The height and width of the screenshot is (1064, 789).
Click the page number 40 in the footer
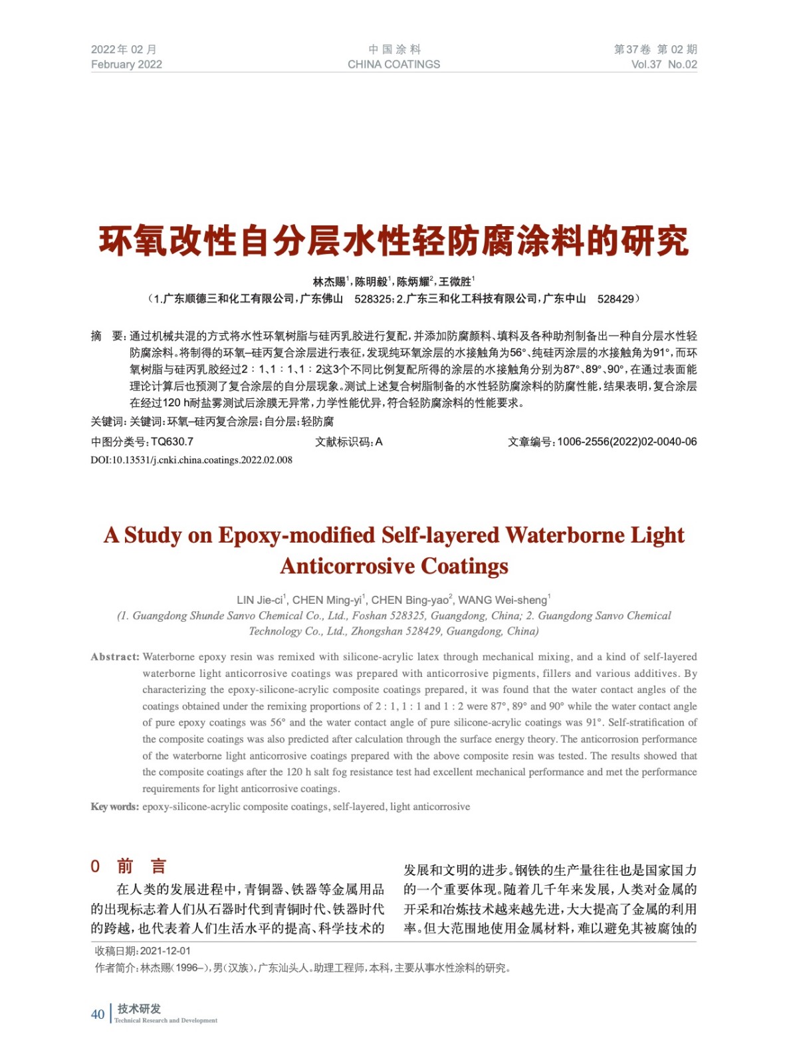click(98, 1014)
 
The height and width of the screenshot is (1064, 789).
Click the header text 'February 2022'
click(126, 65)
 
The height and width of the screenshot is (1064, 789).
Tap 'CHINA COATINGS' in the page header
click(394, 65)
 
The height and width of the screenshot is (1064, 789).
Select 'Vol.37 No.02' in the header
click(663, 65)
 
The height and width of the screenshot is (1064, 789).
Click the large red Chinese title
click(394, 241)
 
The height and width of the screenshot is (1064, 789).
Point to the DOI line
click(191, 460)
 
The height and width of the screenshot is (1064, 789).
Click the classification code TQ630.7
click(172, 442)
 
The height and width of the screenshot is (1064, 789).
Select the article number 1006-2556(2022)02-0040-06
click(627, 442)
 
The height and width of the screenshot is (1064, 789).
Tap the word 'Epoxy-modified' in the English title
click(296, 535)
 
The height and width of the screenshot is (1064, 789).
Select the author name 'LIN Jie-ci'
click(260, 600)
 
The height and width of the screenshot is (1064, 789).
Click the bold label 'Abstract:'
click(115, 657)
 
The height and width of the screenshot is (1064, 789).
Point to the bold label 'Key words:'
click(115, 807)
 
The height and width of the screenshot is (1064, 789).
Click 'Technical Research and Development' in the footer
click(166, 1020)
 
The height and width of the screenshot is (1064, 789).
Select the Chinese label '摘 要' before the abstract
click(106, 336)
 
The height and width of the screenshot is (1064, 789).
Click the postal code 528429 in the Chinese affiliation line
click(616, 299)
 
